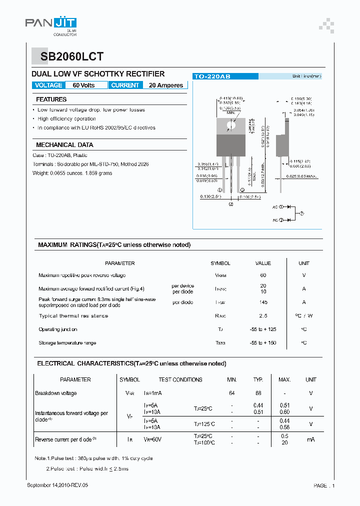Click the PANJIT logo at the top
coord(50,23)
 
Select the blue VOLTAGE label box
coord(48,85)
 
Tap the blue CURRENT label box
coord(125,85)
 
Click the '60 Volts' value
coord(83,85)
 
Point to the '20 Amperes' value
coord(166,85)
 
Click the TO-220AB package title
coord(212,76)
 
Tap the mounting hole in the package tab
coord(231,125)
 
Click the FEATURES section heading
coord(51,99)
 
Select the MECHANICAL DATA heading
coord(64,145)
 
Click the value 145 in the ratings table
coord(263,302)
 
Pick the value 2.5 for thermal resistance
coord(263,316)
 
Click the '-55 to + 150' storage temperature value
coord(263,343)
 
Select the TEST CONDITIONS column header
coord(180,380)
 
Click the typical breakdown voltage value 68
coord(258,393)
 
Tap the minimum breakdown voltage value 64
coord(232,393)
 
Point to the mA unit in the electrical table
coord(311,439)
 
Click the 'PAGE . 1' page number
coord(324,485)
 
